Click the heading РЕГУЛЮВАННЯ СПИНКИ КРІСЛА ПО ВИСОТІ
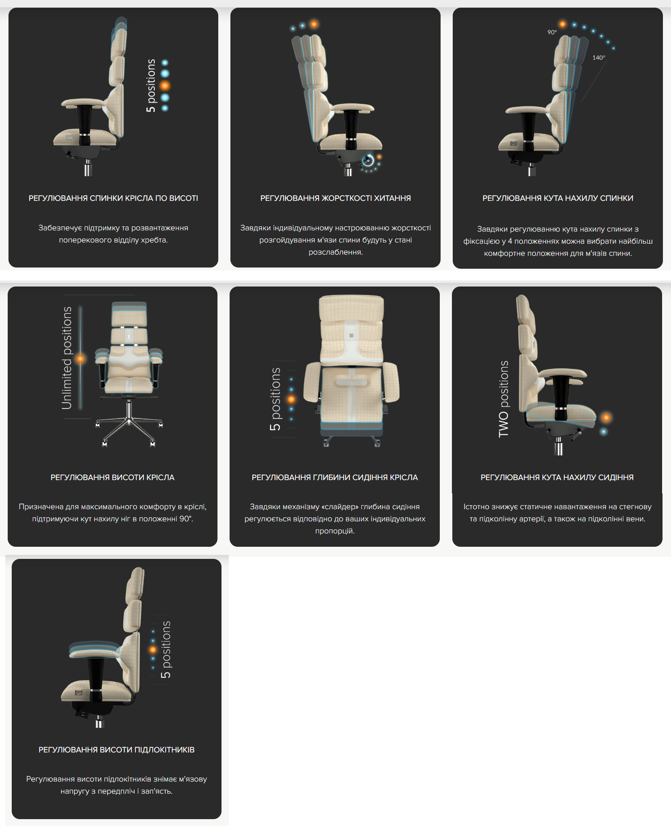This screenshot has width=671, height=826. [x=113, y=198]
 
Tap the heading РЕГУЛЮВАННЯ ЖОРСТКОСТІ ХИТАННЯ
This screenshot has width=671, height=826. [x=335, y=198]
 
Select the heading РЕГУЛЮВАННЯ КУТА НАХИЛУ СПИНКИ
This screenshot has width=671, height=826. [x=558, y=198]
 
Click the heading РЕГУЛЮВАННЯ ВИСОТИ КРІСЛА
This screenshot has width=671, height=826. [x=112, y=477]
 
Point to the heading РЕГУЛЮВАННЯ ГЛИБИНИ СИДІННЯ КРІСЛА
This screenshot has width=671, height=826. [x=335, y=477]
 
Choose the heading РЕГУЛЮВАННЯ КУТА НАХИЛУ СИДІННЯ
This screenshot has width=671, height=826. [x=557, y=477]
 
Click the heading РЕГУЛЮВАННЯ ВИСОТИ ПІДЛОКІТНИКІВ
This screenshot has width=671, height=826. [x=116, y=750]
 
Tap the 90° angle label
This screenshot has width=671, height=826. [x=552, y=32]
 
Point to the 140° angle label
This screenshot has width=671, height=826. [x=599, y=58]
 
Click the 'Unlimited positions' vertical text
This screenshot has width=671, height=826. [x=67, y=358]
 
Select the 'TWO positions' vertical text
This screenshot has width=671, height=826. [x=504, y=399]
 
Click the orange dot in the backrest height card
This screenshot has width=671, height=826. [x=165, y=86]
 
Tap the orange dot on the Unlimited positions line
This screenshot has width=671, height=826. [x=81, y=358]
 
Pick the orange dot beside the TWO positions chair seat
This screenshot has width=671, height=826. [x=606, y=418]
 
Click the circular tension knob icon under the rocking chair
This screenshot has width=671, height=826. [x=368, y=161]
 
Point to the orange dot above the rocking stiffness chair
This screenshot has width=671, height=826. [x=314, y=24]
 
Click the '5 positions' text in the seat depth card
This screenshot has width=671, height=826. [x=275, y=399]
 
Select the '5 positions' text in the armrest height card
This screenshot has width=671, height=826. [x=166, y=649]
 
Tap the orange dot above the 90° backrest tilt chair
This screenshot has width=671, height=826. [x=562, y=24]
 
